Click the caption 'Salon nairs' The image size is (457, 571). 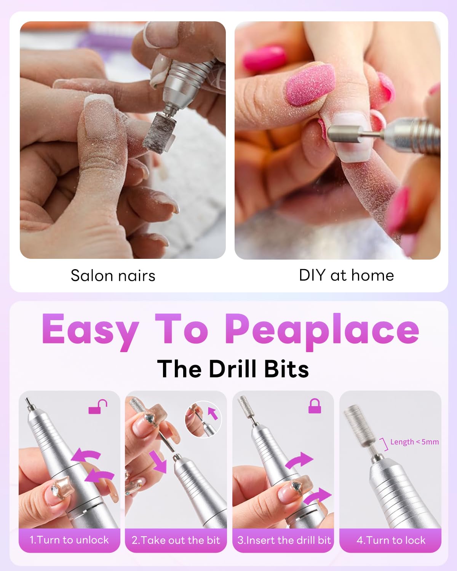click(x=113, y=276)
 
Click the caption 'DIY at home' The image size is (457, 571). click(x=346, y=275)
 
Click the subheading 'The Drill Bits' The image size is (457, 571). click(x=233, y=368)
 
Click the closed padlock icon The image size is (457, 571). click(x=315, y=406)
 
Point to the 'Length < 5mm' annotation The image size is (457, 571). click(x=414, y=442)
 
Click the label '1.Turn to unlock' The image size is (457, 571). click(x=69, y=540)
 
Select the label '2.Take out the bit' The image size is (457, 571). click(x=176, y=540)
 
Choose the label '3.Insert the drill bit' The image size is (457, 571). click(x=284, y=540)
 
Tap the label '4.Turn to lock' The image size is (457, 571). click(x=391, y=540)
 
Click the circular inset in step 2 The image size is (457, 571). click(x=203, y=419)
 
